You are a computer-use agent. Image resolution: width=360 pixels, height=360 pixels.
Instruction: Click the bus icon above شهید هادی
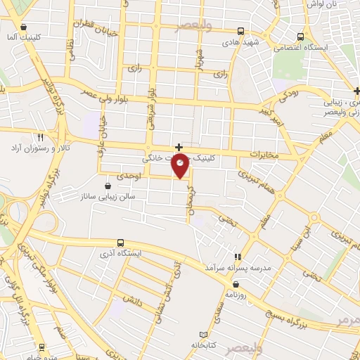click(241, 31)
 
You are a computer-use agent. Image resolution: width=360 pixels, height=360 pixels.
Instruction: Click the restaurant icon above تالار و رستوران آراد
click(40, 137)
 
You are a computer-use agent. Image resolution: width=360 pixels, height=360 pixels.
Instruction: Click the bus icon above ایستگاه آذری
click(121, 242)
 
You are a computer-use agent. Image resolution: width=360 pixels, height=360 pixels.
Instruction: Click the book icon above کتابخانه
click(204, 334)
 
